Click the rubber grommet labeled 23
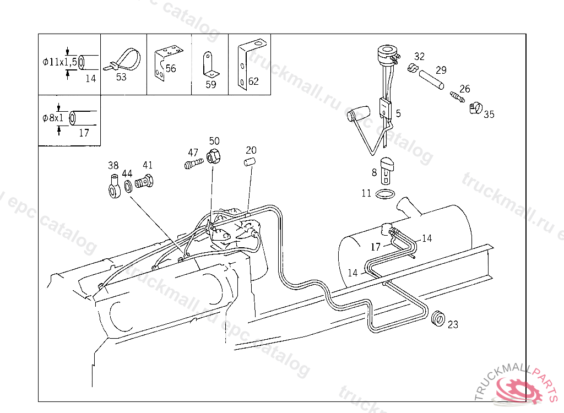tap(438, 318)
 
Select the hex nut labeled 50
tap(213, 156)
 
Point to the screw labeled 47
tap(193, 164)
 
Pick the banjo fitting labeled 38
tap(115, 186)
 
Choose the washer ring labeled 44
tap(128, 186)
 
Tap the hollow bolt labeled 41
tap(144, 181)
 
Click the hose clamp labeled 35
tap(475, 107)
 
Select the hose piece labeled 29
tap(431, 80)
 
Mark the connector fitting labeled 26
tap(457, 96)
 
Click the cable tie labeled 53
tap(123, 61)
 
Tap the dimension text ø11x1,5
tap(59, 62)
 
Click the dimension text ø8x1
tap(53, 118)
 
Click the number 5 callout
tap(398, 113)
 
